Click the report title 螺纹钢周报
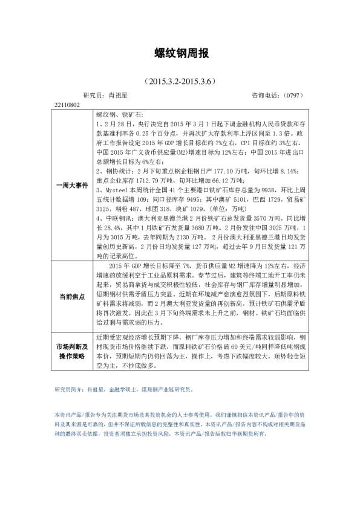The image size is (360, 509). click(x=180, y=54)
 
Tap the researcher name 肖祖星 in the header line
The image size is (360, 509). click(x=117, y=96)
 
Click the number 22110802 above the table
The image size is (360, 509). click(x=67, y=105)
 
